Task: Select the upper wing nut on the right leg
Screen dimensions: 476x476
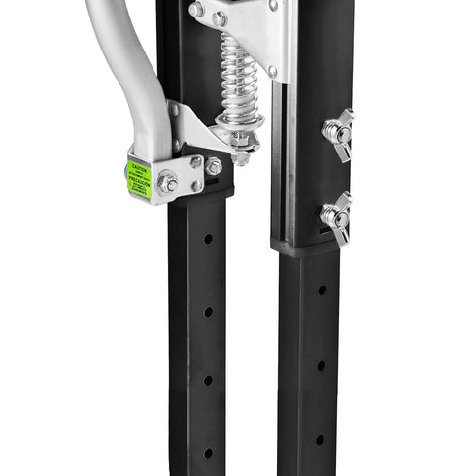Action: coord(337,129)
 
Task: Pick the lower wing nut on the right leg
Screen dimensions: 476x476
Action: coord(337,216)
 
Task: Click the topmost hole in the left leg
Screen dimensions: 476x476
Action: coord(208,238)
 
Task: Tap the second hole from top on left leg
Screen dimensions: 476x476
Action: coord(208,311)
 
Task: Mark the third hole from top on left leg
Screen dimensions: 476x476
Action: coord(208,380)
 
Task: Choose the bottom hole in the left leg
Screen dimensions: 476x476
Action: coord(208,452)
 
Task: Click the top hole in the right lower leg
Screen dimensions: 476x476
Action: coord(322,289)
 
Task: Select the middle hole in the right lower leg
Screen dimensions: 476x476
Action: coord(321,365)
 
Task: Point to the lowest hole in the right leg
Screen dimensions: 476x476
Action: coord(320,439)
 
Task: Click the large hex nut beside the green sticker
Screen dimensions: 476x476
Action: coord(168,183)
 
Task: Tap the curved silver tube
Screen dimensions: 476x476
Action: coord(136,68)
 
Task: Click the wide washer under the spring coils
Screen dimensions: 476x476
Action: coord(239,122)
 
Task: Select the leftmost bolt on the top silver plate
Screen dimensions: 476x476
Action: coord(196,10)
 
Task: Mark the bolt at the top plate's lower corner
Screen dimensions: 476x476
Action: coord(273,71)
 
